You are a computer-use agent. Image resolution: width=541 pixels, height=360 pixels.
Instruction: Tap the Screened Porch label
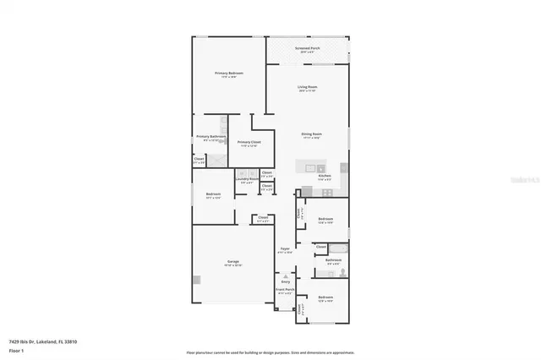point(307,49)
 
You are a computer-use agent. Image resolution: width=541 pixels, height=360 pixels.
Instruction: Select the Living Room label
point(307,87)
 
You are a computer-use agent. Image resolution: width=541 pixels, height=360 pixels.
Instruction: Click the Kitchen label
point(324,175)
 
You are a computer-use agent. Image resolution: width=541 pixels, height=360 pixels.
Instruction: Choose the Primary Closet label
point(249,142)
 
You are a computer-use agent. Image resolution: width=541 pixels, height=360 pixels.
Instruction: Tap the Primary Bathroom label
point(210,137)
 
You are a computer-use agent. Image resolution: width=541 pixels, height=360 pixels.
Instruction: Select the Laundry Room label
point(247,178)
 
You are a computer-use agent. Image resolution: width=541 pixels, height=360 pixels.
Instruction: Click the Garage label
point(232,262)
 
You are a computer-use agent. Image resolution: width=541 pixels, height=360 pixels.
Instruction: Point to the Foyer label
point(286,248)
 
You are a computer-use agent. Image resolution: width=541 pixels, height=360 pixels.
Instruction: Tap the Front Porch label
point(286,289)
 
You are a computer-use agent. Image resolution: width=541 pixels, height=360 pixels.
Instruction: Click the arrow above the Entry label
point(286,275)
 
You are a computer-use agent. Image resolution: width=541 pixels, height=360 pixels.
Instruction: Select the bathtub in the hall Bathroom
point(332,272)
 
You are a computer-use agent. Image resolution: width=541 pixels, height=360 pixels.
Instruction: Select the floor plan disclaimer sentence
point(270,352)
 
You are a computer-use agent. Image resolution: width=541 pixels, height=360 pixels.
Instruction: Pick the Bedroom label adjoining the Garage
point(214,194)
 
